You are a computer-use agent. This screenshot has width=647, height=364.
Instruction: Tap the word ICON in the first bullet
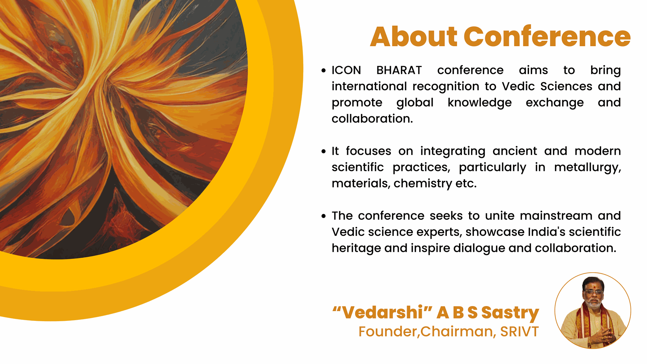346,70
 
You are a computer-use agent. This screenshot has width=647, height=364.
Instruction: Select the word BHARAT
399,70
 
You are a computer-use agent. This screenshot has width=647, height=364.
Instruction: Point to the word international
369,86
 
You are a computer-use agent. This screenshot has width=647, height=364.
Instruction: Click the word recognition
446,87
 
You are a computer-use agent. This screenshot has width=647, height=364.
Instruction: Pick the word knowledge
480,103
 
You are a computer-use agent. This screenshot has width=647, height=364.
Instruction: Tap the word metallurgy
587,168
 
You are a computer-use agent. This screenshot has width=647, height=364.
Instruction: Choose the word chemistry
423,184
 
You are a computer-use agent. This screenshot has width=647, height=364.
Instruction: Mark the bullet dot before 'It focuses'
323,151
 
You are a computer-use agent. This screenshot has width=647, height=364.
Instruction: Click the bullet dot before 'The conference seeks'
323,216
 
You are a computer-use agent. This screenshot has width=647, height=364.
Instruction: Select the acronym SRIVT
519,332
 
